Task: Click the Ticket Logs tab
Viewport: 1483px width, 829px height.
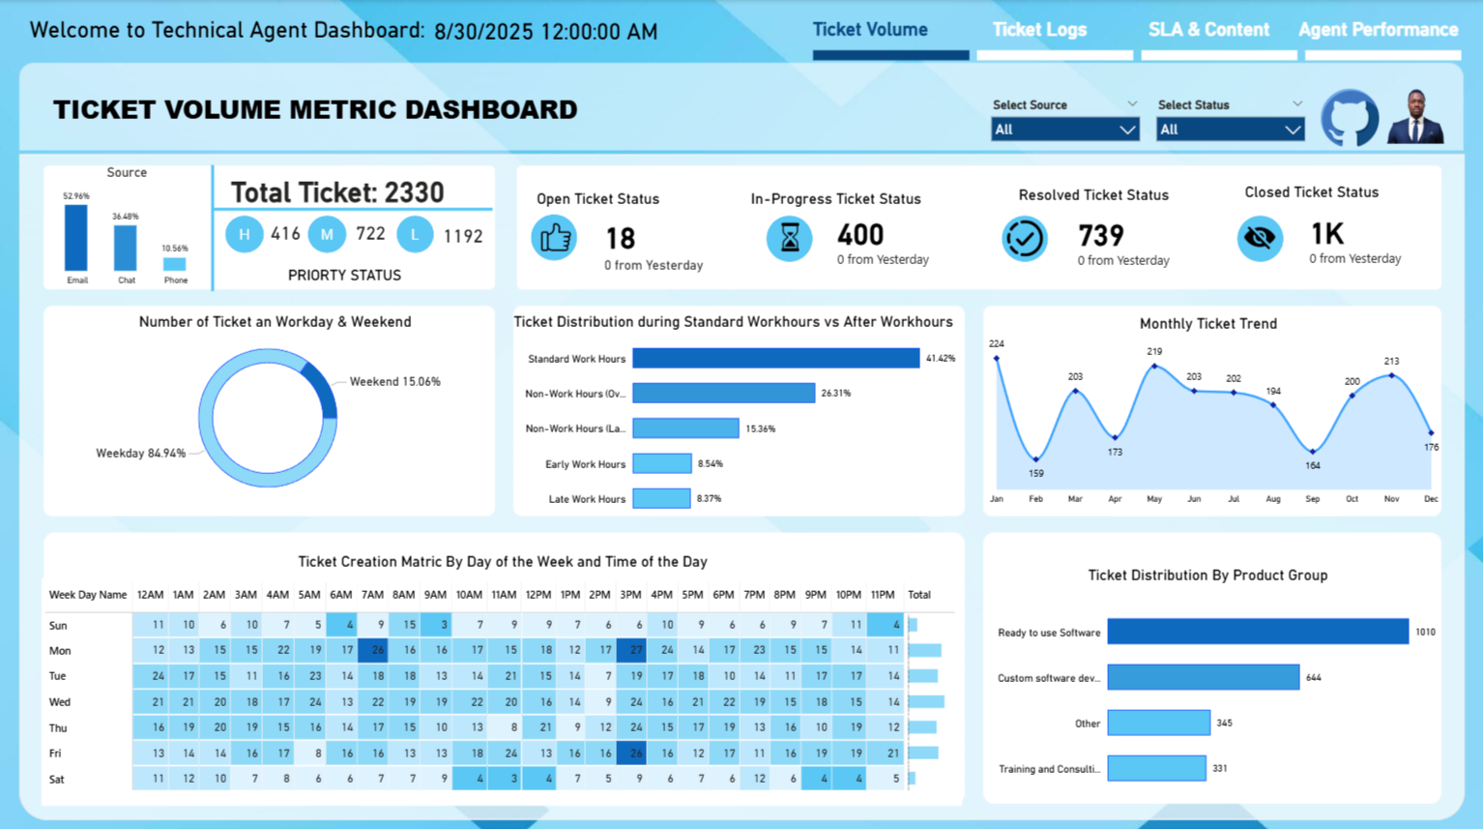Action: pyautogui.click(x=1039, y=30)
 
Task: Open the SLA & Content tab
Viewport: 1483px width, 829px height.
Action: pyautogui.click(x=1208, y=30)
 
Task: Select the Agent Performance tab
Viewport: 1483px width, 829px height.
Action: pyautogui.click(x=1378, y=30)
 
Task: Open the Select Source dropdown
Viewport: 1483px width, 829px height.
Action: pyautogui.click(x=1064, y=130)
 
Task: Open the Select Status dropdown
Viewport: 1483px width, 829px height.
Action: pyautogui.click(x=1230, y=130)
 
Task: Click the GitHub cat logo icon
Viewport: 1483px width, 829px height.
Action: pyautogui.click(x=1350, y=118)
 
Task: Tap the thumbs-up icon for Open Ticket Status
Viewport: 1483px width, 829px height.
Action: pyautogui.click(x=555, y=238)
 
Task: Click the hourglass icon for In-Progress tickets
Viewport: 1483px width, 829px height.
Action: pyautogui.click(x=790, y=238)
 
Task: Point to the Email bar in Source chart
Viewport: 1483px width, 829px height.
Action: pyautogui.click(x=76, y=238)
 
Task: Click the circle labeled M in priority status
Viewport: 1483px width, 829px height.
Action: pyautogui.click(x=327, y=234)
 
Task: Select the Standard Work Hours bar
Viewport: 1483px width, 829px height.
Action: pyautogui.click(x=775, y=359)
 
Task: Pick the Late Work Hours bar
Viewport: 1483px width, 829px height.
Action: pyautogui.click(x=661, y=499)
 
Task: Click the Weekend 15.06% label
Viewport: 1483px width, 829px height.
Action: pyautogui.click(x=394, y=382)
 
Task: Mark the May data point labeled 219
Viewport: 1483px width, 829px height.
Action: pyautogui.click(x=1154, y=367)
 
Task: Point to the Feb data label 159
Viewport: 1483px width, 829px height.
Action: pyautogui.click(x=1036, y=474)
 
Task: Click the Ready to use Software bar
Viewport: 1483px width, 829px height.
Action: pyautogui.click(x=1257, y=632)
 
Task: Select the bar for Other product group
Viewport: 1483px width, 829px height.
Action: pyautogui.click(x=1158, y=723)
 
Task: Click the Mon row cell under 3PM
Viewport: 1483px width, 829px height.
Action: pyautogui.click(x=631, y=651)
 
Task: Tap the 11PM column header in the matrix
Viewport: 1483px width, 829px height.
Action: pyautogui.click(x=882, y=595)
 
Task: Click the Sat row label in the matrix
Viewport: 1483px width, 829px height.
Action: pyautogui.click(x=57, y=779)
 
